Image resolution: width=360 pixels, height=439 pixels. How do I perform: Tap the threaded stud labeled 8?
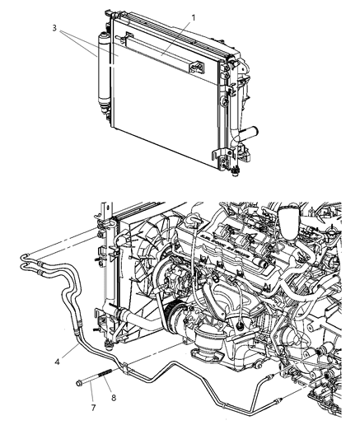[x=105, y=380]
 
